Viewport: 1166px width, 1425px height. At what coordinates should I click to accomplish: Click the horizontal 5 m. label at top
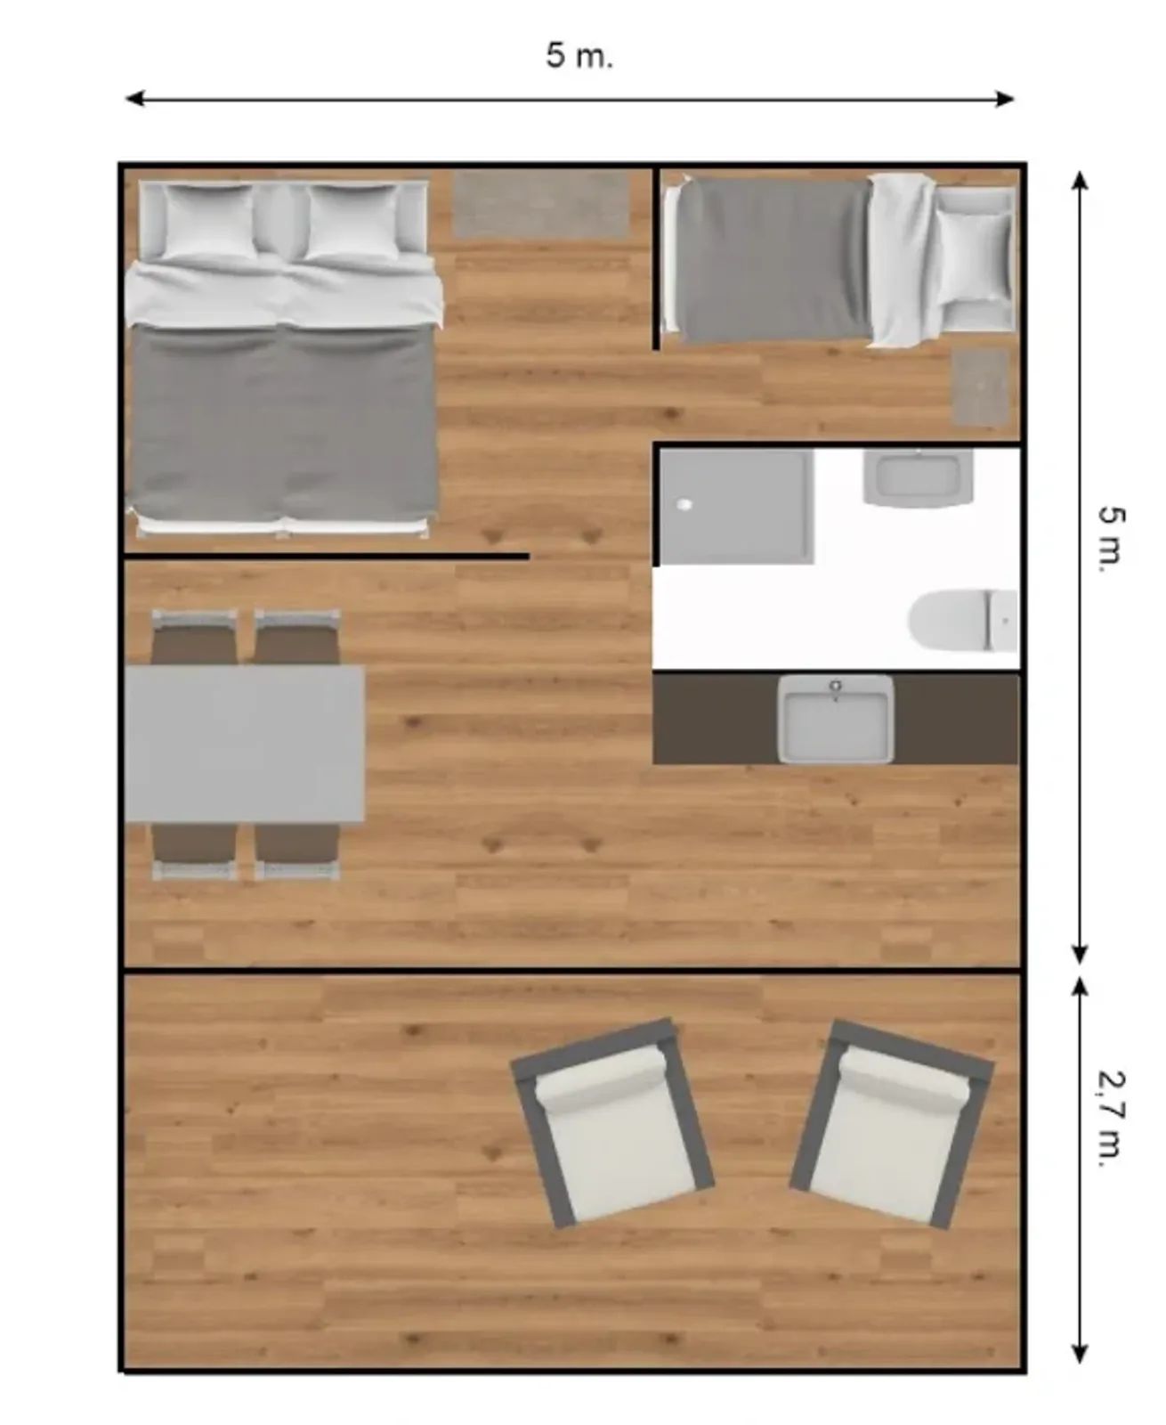tap(579, 56)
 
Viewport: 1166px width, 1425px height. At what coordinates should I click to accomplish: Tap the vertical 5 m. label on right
tap(1112, 540)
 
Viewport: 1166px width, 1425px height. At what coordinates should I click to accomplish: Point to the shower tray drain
tap(684, 504)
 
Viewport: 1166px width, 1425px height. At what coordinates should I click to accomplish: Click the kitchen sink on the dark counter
tap(835, 718)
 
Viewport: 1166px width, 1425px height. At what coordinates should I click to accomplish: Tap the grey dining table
tap(244, 743)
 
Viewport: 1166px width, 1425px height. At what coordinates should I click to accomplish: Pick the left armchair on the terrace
tap(612, 1122)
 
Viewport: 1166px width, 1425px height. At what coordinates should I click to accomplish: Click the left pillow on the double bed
tap(210, 221)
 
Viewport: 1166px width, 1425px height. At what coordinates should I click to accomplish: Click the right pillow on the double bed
tap(352, 221)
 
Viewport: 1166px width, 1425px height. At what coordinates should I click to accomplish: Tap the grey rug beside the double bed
tap(541, 205)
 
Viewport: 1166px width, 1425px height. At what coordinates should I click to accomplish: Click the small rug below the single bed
tap(981, 387)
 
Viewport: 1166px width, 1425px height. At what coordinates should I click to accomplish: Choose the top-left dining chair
tap(194, 636)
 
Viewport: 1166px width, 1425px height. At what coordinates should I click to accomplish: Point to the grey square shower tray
tap(736, 506)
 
